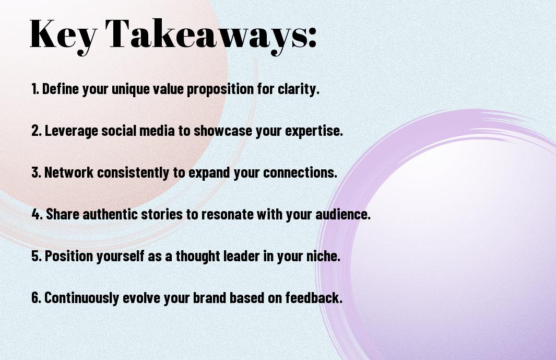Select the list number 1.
(35, 89)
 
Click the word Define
(60, 89)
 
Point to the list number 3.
(36, 172)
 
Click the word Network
(69, 172)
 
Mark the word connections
(300, 172)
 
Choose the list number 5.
(36, 256)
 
